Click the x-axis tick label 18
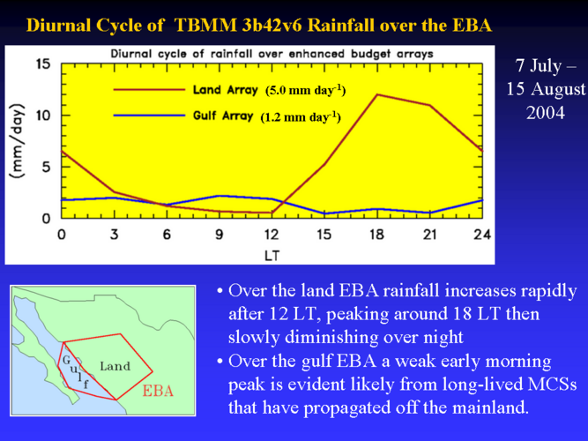point(377,235)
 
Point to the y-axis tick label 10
point(42,116)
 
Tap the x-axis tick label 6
point(167,235)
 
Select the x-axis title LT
point(272,256)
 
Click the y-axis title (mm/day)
point(18,141)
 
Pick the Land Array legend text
point(226,90)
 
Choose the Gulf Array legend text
point(223,116)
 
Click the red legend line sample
point(149,90)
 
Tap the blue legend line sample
point(149,116)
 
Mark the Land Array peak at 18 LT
point(377,94)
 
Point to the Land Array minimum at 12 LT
point(272,213)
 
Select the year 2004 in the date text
point(546,113)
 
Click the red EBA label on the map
point(158,391)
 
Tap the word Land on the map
point(115,366)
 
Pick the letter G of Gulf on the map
point(66,360)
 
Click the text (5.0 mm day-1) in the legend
point(306,91)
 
